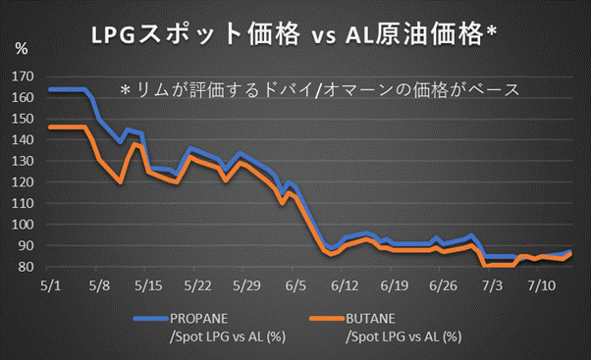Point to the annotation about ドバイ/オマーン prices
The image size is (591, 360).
(319, 88)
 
